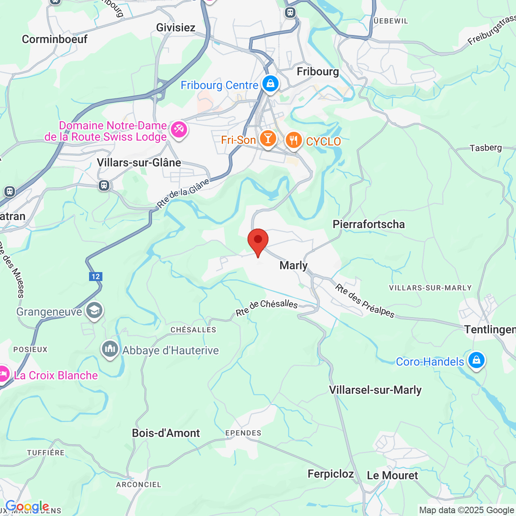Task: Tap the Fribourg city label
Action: (318, 72)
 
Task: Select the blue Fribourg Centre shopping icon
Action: (270, 84)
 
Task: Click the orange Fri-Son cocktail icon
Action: (268, 139)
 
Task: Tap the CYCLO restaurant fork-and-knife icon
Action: (293, 140)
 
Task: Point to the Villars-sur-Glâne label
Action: (139, 162)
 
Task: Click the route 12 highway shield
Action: (96, 277)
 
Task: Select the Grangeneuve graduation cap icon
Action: (94, 310)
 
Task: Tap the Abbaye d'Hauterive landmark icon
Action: (110, 349)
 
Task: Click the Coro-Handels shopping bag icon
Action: (476, 360)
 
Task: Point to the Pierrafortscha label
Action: (368, 224)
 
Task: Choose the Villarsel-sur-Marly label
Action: (375, 390)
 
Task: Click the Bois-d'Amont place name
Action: (166, 433)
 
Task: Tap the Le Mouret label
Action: (392, 475)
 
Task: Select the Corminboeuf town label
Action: (54, 39)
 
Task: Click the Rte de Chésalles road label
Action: (266, 308)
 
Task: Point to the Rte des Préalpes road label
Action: (365, 301)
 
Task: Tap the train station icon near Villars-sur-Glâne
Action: (104, 185)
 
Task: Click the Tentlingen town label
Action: (489, 330)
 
